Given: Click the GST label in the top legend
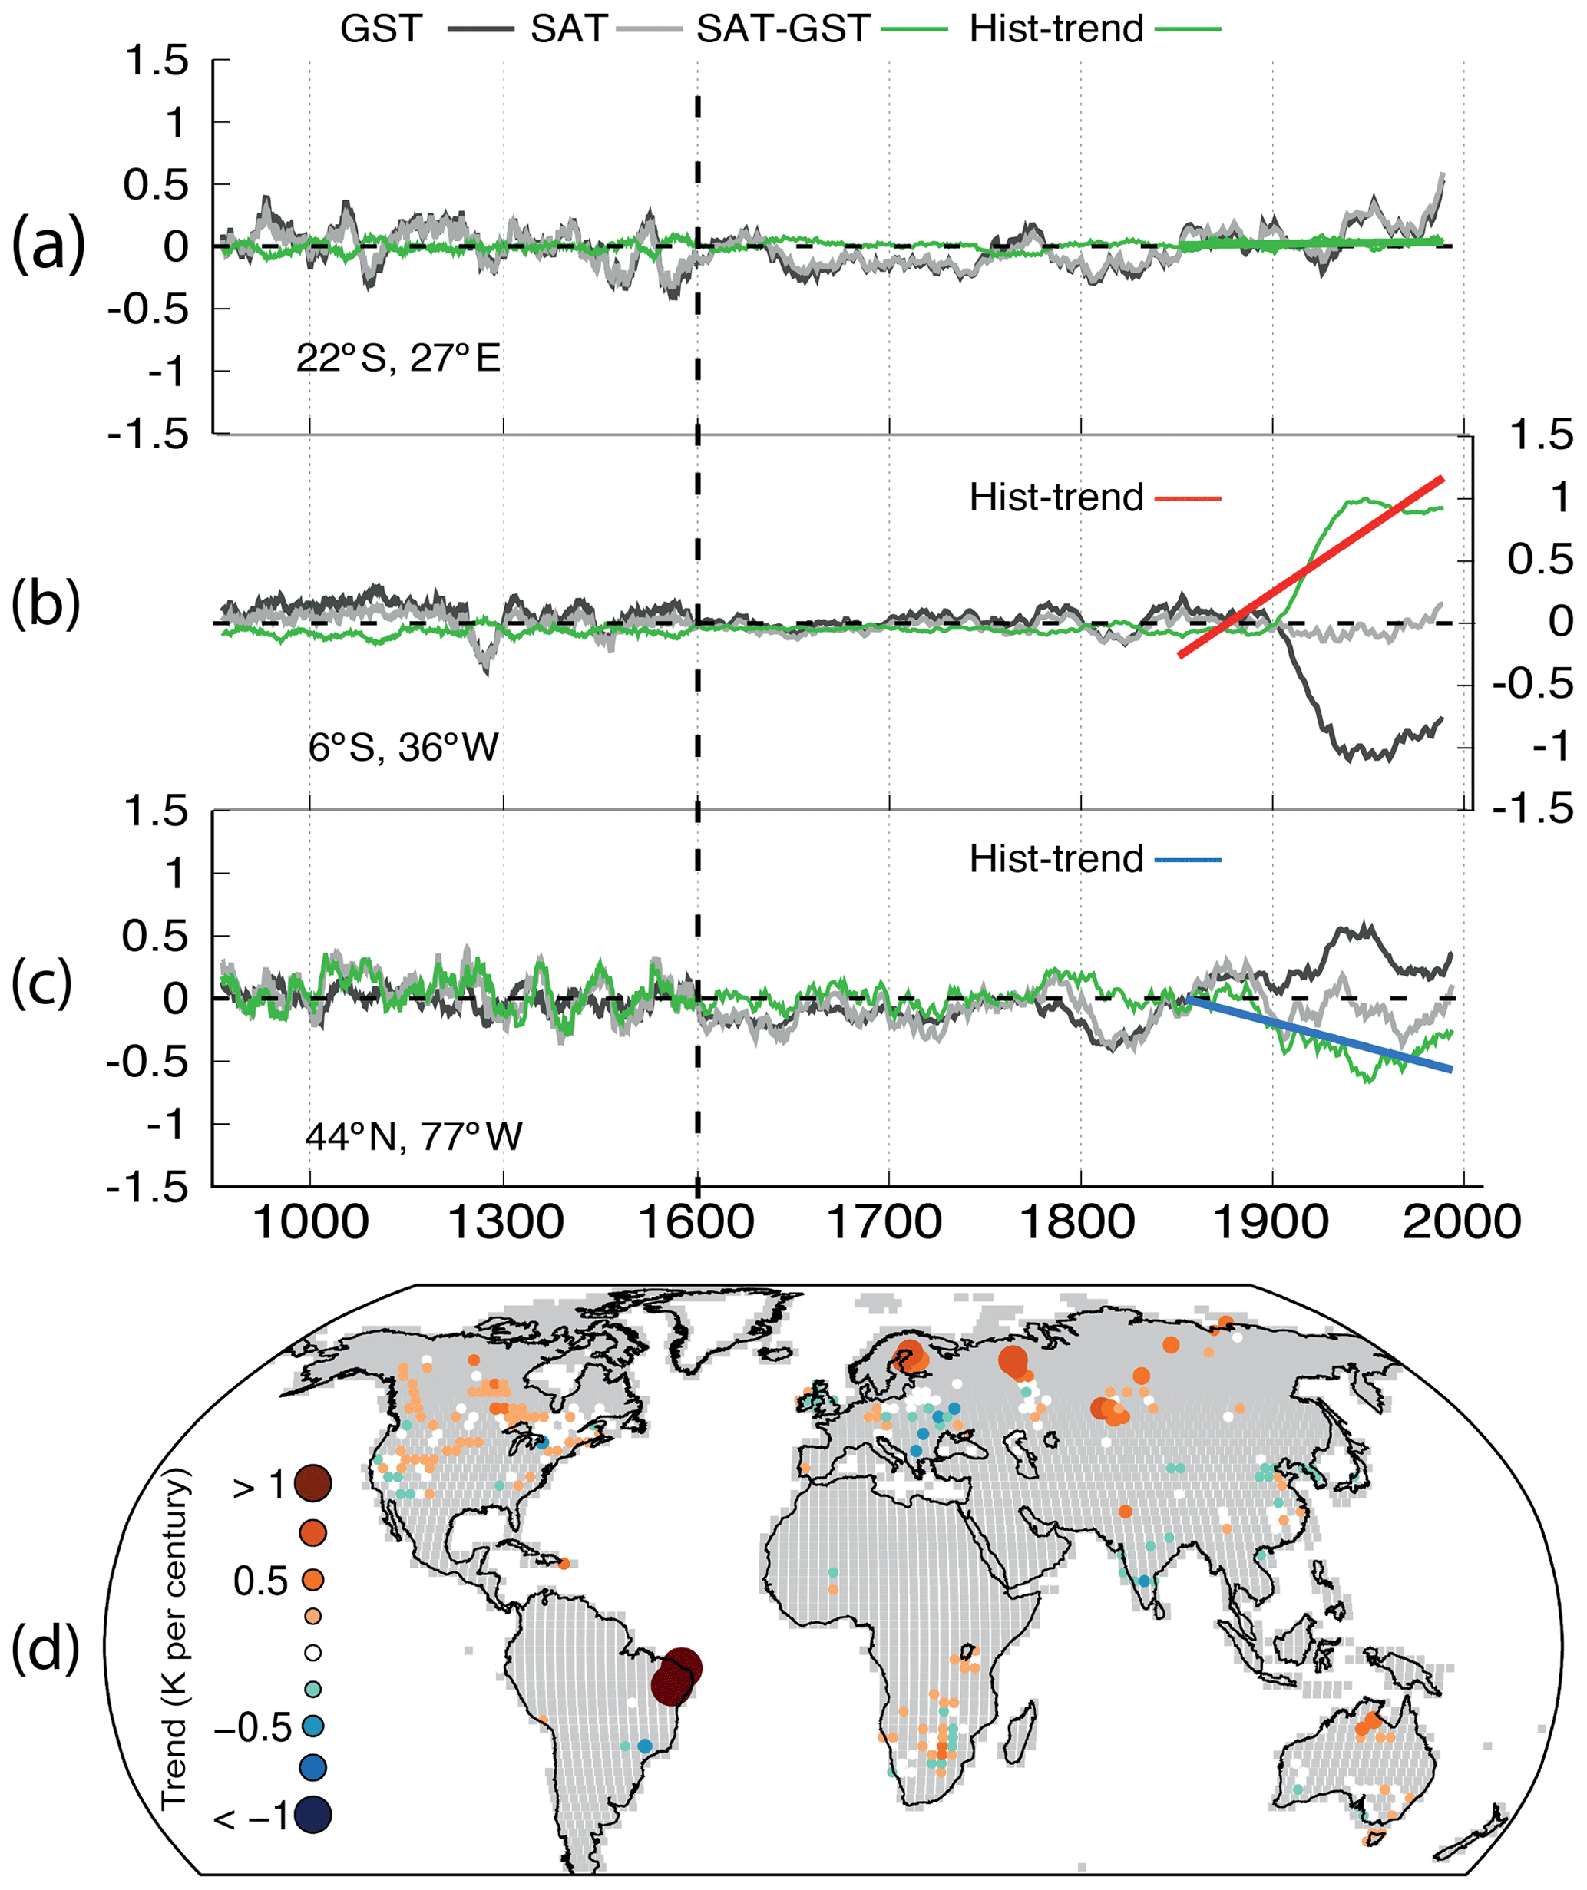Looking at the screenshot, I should click(x=381, y=30).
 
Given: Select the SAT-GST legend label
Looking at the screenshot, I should click(x=782, y=30).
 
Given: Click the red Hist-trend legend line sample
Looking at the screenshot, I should click(x=1187, y=497).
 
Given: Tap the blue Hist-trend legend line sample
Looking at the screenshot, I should click(x=1187, y=861).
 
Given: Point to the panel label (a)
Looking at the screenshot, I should click(x=48, y=245).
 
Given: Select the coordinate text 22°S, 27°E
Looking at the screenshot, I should click(x=398, y=359).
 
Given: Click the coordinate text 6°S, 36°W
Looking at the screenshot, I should click(x=403, y=748).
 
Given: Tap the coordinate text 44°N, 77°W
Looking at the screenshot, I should click(x=413, y=1137).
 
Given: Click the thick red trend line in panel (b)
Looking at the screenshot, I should click(x=1311, y=567).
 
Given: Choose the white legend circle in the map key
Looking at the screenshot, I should click(x=313, y=1652).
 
